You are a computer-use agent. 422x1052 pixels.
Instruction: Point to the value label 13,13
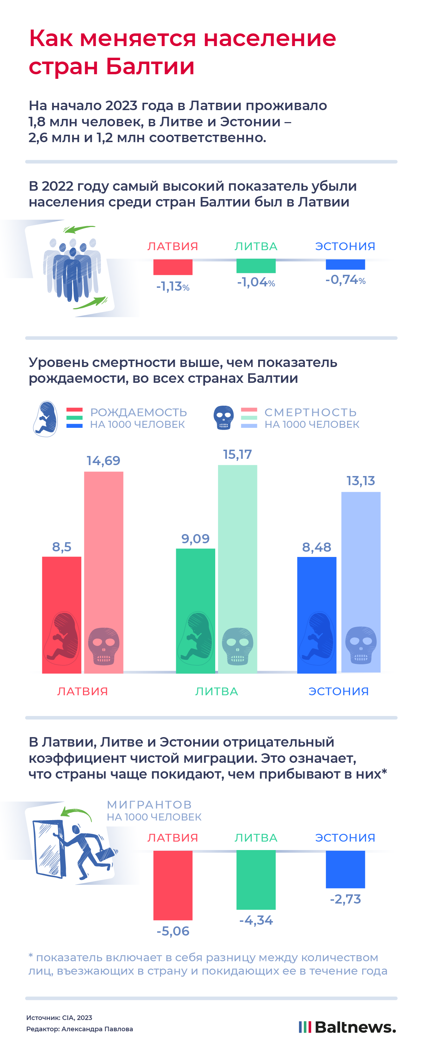pyautogui.click(x=360, y=481)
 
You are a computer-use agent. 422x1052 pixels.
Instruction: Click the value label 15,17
pyautogui.click(x=237, y=454)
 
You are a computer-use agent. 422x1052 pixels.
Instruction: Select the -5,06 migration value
pyautogui.click(x=173, y=931)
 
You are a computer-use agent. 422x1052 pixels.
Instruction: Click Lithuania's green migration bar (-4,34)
pyautogui.click(x=256, y=880)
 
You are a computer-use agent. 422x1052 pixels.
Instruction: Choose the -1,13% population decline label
pyautogui.click(x=173, y=286)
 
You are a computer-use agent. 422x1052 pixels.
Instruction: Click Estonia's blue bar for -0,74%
pyautogui.click(x=345, y=265)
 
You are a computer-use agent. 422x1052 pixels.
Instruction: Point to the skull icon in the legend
pyautogui.click(x=224, y=417)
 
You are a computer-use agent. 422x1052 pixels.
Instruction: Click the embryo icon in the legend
pyautogui.click(x=45, y=418)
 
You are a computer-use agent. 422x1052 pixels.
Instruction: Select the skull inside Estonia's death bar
pyautogui.click(x=361, y=645)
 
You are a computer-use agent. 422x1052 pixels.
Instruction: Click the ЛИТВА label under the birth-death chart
pyautogui.click(x=216, y=691)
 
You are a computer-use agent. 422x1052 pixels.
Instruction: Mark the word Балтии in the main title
pyautogui.click(x=150, y=66)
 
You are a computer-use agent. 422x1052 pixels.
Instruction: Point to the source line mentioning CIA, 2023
pyautogui.click(x=59, y=1017)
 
